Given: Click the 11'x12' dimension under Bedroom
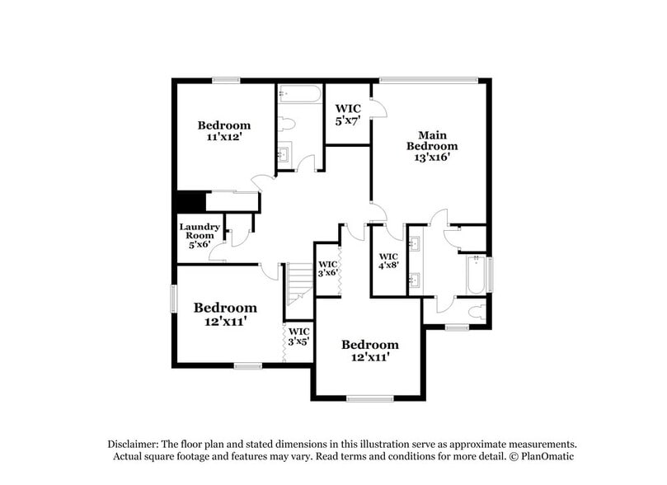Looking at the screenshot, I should coord(223,139).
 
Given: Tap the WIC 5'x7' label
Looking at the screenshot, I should coord(346,115).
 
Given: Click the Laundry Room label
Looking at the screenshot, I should coord(200,235).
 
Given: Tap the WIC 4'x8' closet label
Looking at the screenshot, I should coord(388,261).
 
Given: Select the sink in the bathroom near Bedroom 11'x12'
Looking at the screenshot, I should coord(284,154).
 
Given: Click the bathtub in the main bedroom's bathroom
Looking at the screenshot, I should coord(477,275).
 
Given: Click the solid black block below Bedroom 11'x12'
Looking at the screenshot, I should coord(190,202).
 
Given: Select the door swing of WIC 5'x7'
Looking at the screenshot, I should coord(378,109).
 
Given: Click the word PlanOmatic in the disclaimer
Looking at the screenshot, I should coord(545,456).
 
